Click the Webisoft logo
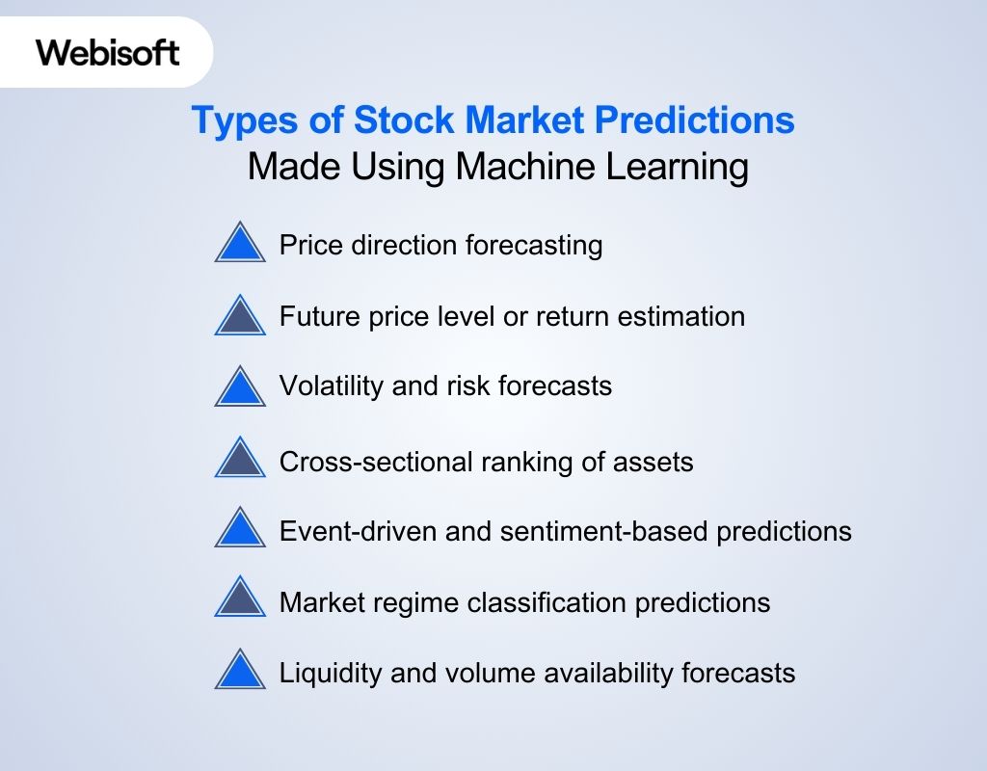(x=108, y=52)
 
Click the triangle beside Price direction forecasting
(x=240, y=244)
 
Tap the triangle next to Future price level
(x=240, y=316)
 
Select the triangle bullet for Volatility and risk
(x=240, y=387)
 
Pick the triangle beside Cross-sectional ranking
(x=240, y=459)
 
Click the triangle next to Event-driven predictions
(x=240, y=530)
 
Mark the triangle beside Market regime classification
(x=240, y=600)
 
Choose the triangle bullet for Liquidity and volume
(x=240, y=671)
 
